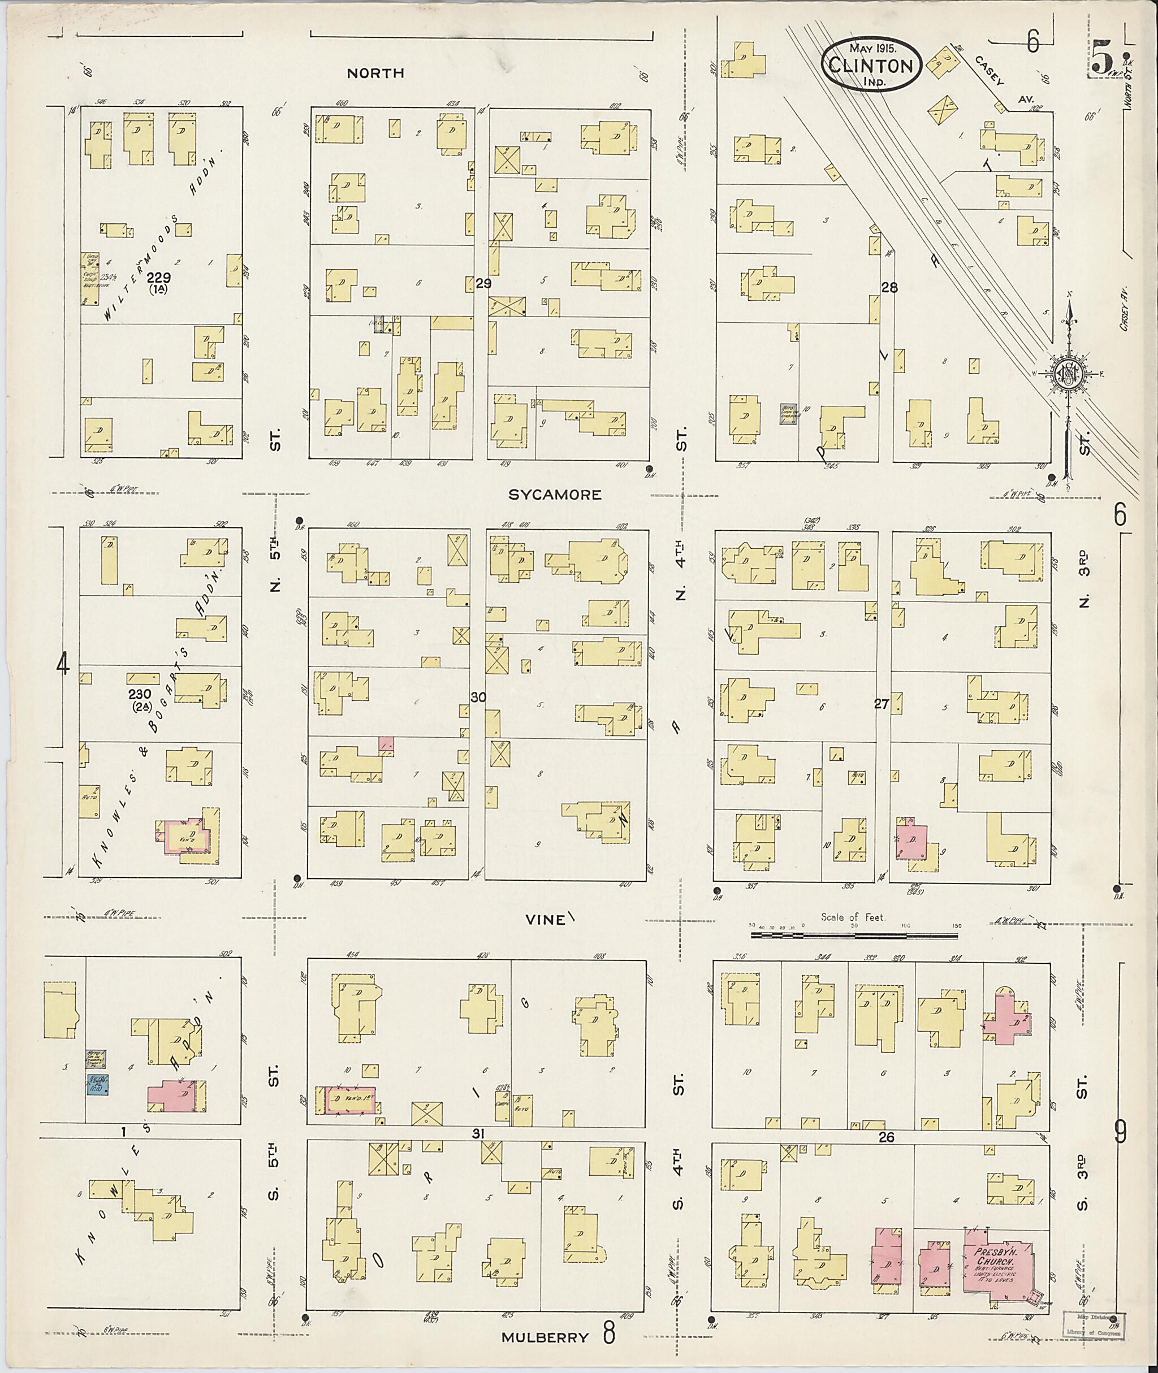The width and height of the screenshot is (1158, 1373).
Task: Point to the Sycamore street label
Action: pos(555,495)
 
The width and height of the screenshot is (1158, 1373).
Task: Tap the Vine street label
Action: pos(545,920)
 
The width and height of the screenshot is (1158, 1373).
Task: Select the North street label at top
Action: pos(375,73)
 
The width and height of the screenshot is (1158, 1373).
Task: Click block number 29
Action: pos(484,284)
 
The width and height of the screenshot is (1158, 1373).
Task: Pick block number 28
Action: pos(889,288)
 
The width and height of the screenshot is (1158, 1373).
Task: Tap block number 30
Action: pos(478,697)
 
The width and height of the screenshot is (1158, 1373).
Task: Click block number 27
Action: pos(881,704)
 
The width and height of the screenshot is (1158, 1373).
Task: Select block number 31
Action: pos(478,1133)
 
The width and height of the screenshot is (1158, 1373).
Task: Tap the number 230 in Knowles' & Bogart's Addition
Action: pos(140,694)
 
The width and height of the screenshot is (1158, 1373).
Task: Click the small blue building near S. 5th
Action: pos(98,1084)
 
